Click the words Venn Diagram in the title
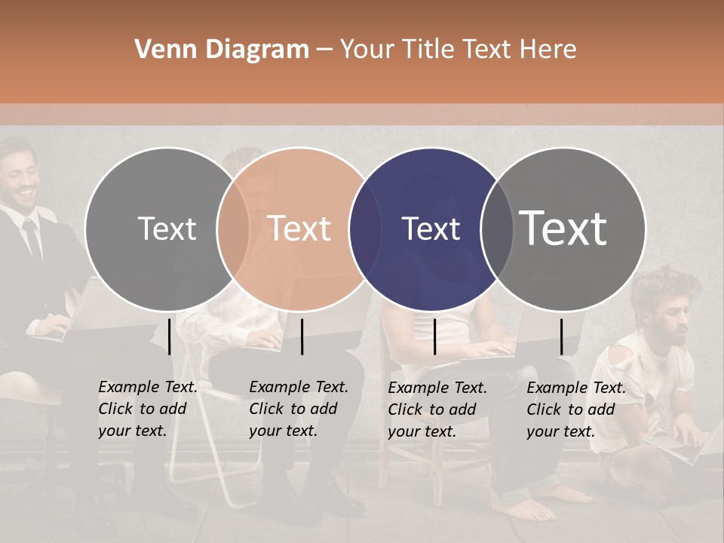click(222, 50)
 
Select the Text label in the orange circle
click(299, 229)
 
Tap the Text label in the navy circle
click(431, 229)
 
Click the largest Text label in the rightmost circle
click(563, 229)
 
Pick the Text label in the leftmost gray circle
click(167, 229)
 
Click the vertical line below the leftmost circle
click(170, 336)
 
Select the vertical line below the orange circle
click(302, 336)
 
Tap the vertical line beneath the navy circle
click(434, 336)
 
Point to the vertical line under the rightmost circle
click(561, 336)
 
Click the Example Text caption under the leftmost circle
click(147, 409)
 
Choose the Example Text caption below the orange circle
click(298, 409)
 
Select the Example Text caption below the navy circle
click(437, 410)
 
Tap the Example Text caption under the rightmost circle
click(575, 410)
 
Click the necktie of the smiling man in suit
click(31, 237)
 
